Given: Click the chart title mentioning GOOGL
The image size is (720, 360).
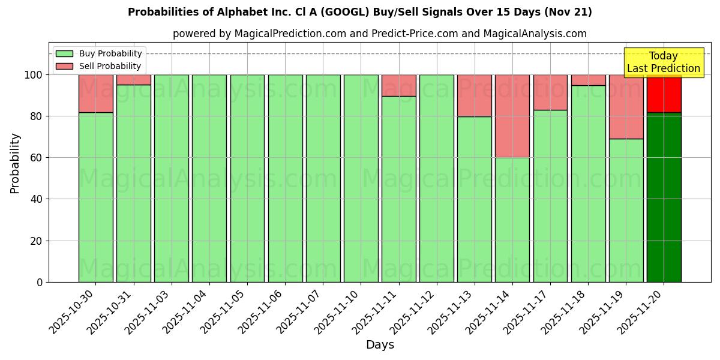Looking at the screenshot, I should click(359, 12).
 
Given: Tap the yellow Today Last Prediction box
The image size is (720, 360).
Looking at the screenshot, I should click(663, 62).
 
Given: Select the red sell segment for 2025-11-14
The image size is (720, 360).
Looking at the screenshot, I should click(512, 116).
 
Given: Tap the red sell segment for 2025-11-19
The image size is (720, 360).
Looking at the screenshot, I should click(626, 107).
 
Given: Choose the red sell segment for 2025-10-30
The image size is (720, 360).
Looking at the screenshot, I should click(95, 94).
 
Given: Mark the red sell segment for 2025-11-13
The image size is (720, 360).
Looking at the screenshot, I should click(475, 95).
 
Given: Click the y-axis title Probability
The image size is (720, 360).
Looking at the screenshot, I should click(15, 163).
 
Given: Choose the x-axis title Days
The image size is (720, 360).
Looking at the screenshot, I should click(380, 345).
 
